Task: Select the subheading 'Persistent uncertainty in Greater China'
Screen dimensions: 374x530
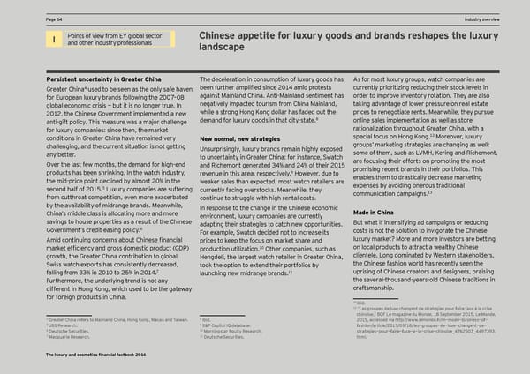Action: coord(96,79)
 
